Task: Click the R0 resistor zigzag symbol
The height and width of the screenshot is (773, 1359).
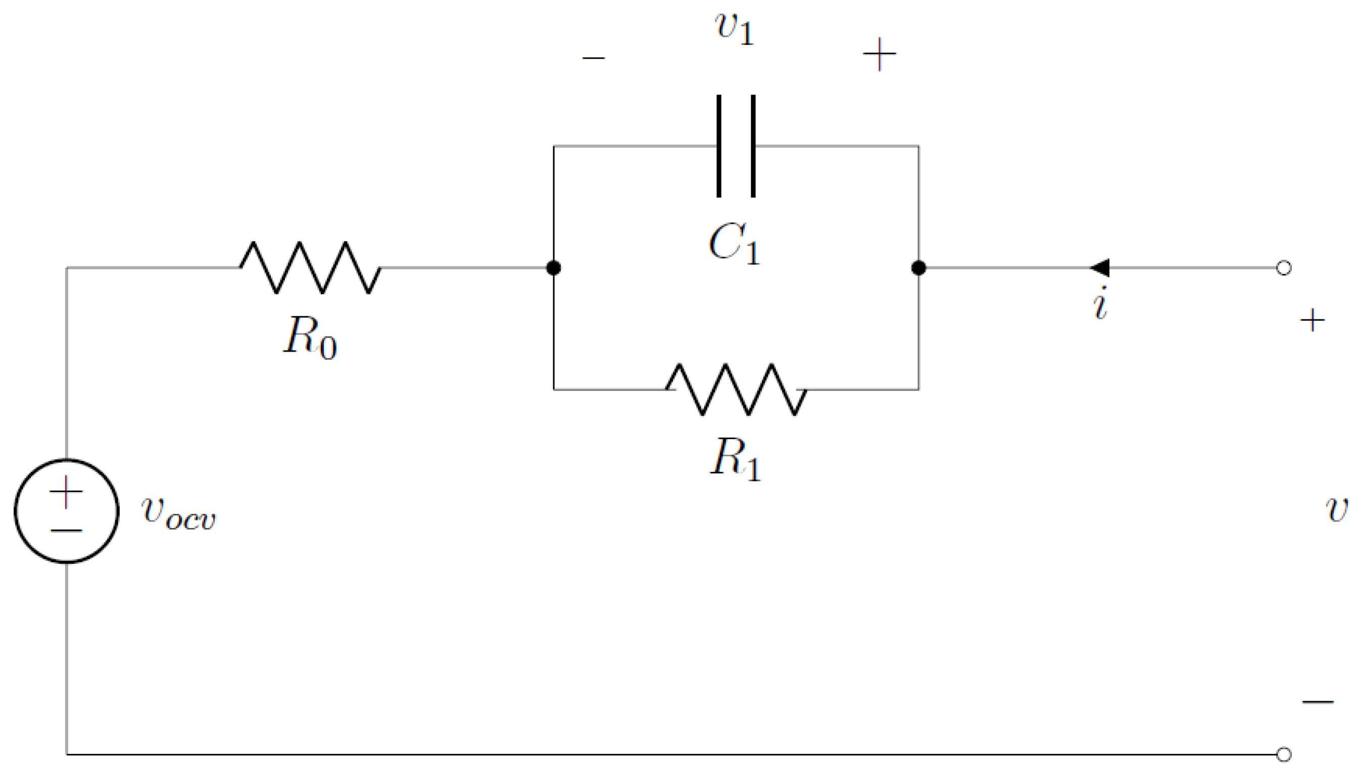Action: pos(310,268)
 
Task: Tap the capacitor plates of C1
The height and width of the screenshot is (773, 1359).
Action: pos(736,146)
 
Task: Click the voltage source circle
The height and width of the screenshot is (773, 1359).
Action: pos(66,511)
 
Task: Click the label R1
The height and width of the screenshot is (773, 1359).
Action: pos(736,459)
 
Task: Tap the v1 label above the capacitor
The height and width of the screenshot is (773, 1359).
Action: pos(735,28)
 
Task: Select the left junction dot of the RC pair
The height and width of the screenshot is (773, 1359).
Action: pos(554,268)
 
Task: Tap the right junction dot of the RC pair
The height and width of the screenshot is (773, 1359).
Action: pos(918,268)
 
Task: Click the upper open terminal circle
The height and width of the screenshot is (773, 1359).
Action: pos(1284,268)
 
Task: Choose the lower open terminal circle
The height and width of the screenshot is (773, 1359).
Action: pos(1284,754)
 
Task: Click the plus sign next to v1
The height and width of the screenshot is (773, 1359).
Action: pos(879,54)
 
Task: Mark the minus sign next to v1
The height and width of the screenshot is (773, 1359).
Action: pos(594,57)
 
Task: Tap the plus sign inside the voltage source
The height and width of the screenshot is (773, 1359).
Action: pos(66,492)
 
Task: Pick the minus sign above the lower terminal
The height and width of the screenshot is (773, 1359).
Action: pos(1318,702)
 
